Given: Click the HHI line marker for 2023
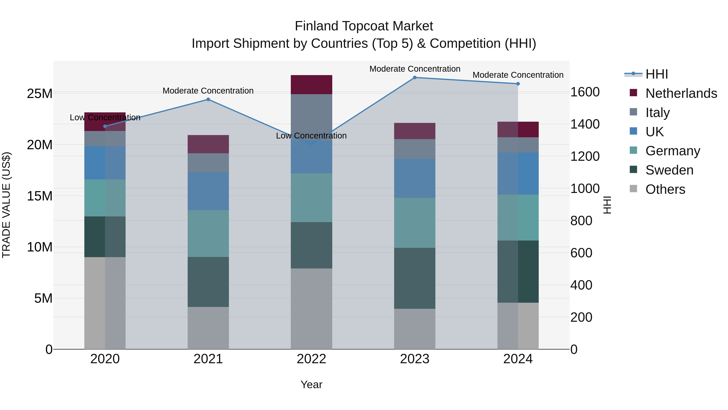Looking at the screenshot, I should tap(415, 77).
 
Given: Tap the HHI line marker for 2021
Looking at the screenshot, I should tap(208, 99).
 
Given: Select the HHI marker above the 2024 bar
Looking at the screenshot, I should tap(518, 84).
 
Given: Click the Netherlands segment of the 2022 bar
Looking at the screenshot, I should tap(311, 85).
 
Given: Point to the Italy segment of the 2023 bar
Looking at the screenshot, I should tap(415, 149).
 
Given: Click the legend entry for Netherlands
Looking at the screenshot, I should tap(681, 93).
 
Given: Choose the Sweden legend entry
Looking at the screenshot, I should tap(669, 170).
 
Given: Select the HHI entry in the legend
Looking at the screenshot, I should tap(656, 74).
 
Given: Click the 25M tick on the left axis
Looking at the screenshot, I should tap(40, 93).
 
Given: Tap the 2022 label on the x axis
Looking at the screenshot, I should tap(311, 359).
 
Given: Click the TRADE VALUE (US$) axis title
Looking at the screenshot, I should tap(6, 205).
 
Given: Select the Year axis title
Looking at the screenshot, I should tap(311, 384).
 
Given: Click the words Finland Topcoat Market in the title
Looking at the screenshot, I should tap(364, 26).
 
